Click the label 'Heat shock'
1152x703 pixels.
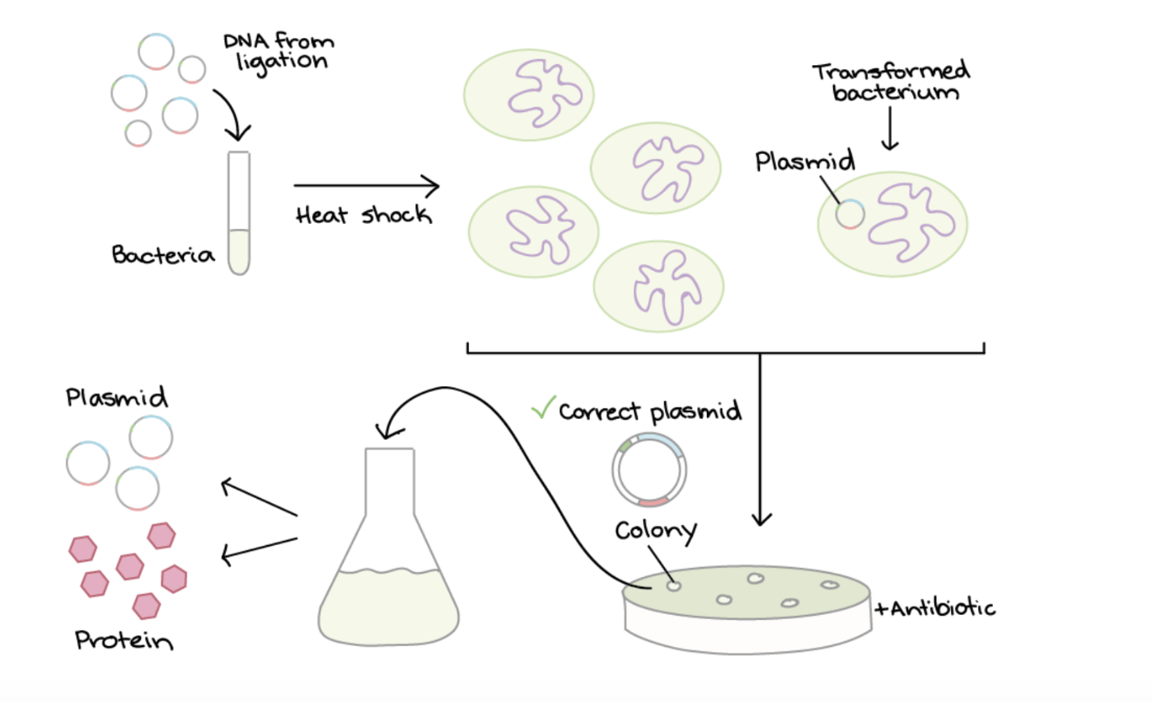[x=363, y=216]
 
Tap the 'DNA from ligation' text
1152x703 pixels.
[x=279, y=49]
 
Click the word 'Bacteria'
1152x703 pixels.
[x=163, y=255]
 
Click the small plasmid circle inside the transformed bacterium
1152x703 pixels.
[x=850, y=214]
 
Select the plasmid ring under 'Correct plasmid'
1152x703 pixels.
[x=649, y=469]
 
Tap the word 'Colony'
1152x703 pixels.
[x=656, y=529]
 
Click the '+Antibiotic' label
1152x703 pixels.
[x=934, y=608]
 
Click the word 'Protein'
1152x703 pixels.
[x=124, y=640]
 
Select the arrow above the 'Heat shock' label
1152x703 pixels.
[x=366, y=186]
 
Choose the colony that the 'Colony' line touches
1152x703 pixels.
[x=674, y=586]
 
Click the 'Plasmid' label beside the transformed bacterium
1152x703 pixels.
[x=804, y=161]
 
